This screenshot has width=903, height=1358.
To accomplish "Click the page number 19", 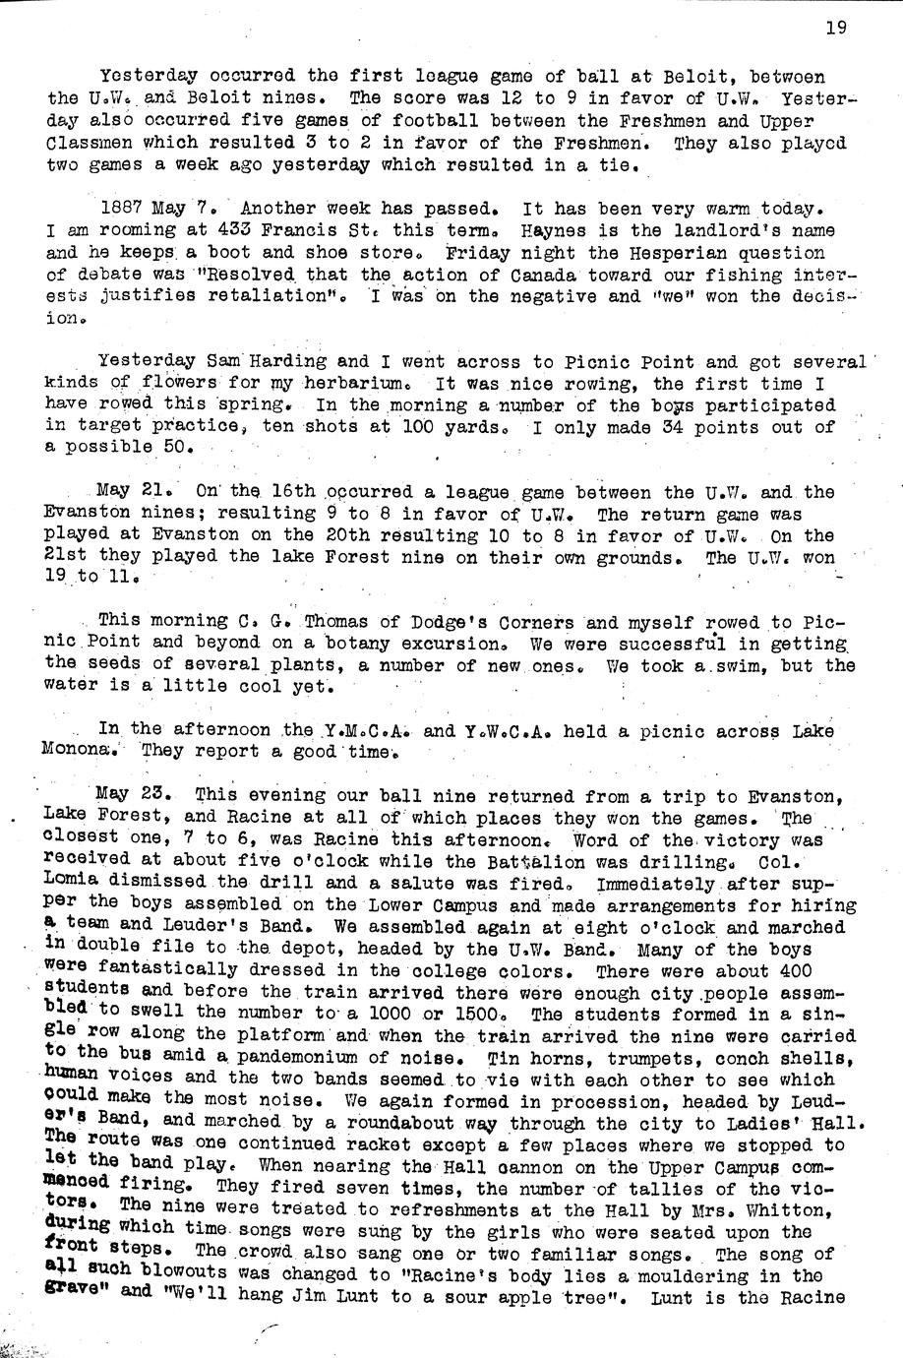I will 836,28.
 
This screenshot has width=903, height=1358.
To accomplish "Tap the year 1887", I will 123,209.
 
